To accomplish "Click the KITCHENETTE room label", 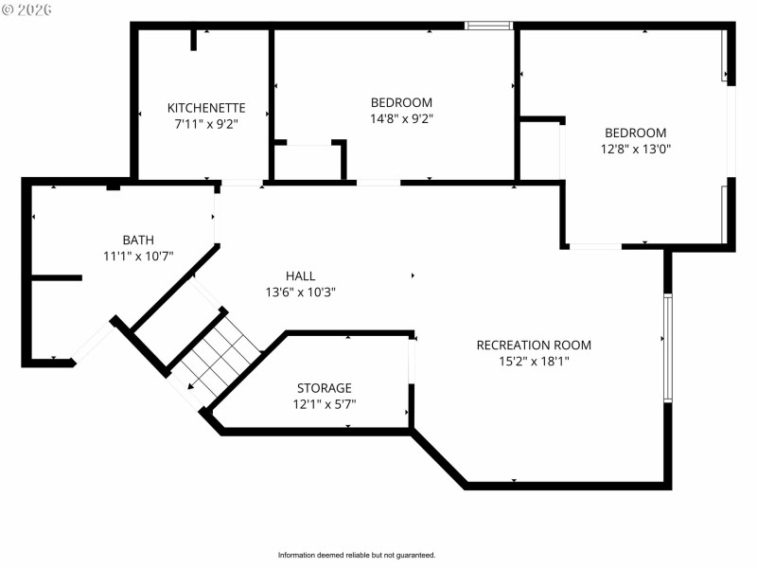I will [x=206, y=108].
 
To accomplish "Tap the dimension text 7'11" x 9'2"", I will [x=206, y=124].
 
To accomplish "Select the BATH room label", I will [x=138, y=240].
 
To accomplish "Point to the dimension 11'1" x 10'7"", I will [x=138, y=256].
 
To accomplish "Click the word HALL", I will [x=300, y=276].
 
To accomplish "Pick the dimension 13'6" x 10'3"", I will [x=301, y=293].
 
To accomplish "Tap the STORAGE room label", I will [x=324, y=388].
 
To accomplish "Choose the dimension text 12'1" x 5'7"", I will [x=325, y=404].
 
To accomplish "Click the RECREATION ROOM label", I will [x=534, y=345].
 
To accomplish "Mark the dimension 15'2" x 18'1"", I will [x=534, y=361].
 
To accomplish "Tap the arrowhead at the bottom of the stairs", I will [x=191, y=385].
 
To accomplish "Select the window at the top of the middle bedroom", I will [x=488, y=26].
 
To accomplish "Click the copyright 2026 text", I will [x=27, y=9].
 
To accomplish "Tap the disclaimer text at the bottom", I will [x=357, y=555].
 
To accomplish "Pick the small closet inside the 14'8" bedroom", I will [x=308, y=161].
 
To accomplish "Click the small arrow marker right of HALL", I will [x=413, y=276].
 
